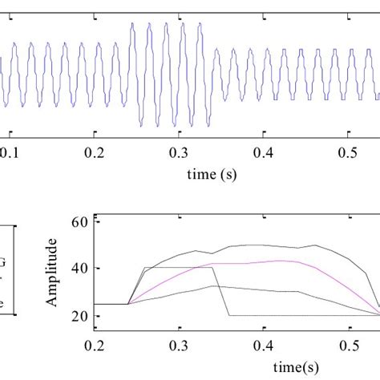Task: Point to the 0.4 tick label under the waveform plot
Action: point(261,152)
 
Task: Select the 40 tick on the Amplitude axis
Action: point(80,269)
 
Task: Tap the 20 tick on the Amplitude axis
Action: point(80,316)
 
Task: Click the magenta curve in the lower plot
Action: point(241,263)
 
